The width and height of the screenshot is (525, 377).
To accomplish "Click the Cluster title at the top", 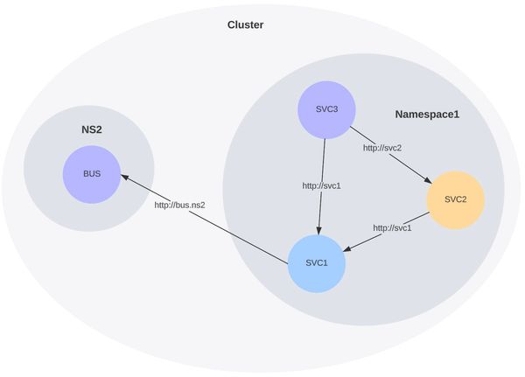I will point(245,24).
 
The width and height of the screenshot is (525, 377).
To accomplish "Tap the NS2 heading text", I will point(92,129).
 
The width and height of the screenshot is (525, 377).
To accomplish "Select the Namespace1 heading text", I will point(427,115).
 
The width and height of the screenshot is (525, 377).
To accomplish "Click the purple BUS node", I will point(91,173).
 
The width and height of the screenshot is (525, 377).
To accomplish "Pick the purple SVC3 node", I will point(325,110).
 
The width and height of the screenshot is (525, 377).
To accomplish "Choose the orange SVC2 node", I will point(455,199).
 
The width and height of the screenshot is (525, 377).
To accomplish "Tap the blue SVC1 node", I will point(317,263).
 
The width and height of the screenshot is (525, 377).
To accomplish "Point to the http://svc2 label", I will point(382,148).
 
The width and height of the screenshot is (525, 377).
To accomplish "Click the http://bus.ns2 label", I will point(179,205).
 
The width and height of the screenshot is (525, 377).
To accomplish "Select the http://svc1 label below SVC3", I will point(321,185).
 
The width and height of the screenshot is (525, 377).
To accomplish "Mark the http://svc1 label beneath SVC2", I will point(392,227).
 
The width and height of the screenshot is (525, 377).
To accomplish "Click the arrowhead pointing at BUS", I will point(125,178).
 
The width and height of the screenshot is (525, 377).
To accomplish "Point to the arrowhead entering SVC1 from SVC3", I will point(318,230).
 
